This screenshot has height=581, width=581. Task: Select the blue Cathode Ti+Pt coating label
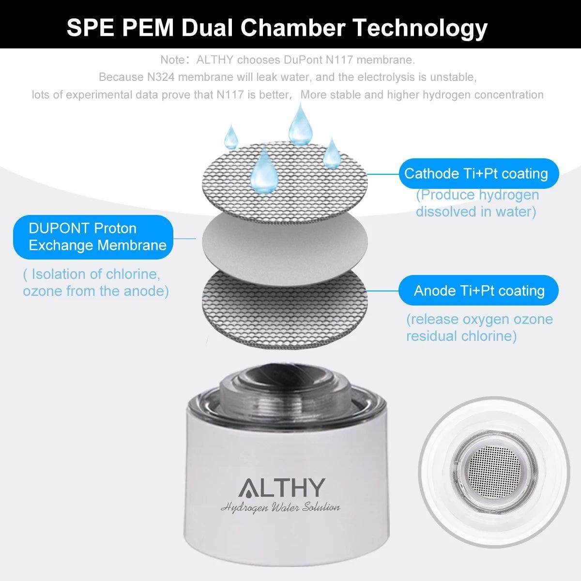tap(478, 174)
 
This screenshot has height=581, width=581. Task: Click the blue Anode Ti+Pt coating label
tap(478, 290)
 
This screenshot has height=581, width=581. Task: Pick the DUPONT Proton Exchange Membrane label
tap(93, 237)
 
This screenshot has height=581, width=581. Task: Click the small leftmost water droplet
tap(230, 137)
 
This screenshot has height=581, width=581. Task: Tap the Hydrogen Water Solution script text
tap(280, 507)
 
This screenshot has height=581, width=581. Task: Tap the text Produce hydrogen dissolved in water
tap(477, 203)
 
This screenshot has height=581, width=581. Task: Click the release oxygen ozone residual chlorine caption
tap(479, 327)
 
